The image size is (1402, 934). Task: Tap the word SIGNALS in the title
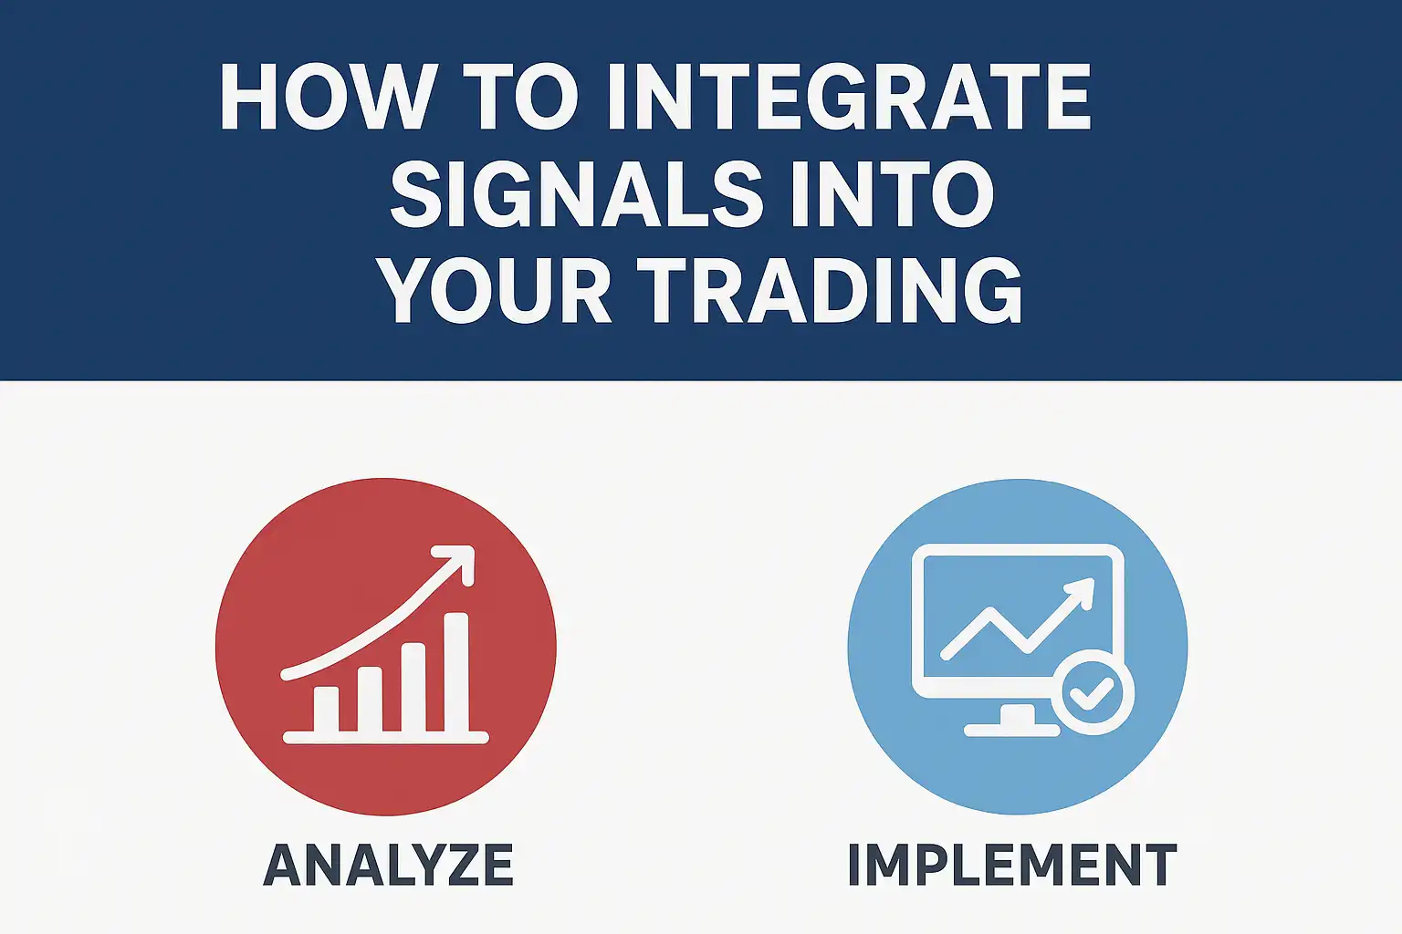tap(575, 193)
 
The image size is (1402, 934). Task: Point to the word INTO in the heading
tap(891, 193)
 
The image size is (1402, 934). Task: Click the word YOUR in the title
tap(497, 290)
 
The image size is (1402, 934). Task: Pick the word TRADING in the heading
tap(829, 290)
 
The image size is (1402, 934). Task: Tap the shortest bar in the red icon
tap(326, 709)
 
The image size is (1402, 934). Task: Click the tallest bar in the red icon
tap(456, 672)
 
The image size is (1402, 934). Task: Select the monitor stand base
tap(1012, 730)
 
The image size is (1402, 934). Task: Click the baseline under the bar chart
tap(385, 738)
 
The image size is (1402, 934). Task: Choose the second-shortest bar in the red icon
tap(370, 700)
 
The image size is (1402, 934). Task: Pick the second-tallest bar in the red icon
tap(413, 688)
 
